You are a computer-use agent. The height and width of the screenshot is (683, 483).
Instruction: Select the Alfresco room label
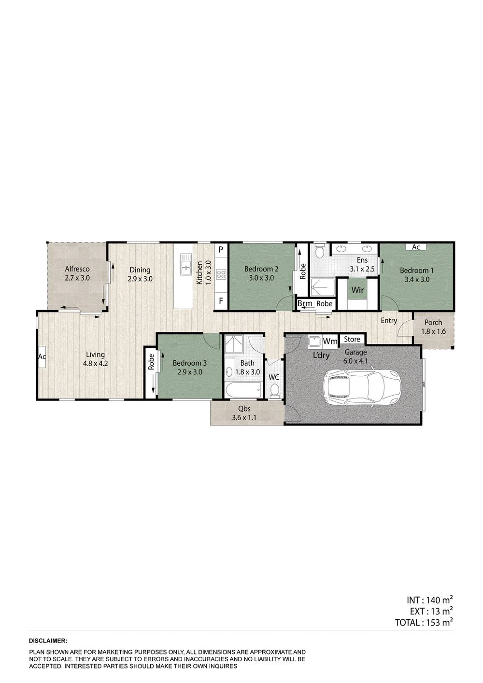(x=77, y=273)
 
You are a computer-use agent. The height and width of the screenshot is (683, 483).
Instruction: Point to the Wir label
(x=358, y=290)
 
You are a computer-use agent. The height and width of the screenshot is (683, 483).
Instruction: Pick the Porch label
(x=433, y=327)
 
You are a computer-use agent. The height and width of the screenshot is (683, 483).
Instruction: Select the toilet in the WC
(x=275, y=390)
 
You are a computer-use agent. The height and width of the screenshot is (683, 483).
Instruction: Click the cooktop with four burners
(x=221, y=275)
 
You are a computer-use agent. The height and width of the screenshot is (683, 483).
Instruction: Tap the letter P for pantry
(x=221, y=250)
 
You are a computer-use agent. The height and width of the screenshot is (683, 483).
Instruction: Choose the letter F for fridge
(x=221, y=300)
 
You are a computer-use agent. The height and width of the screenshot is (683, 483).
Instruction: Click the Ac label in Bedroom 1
(x=416, y=247)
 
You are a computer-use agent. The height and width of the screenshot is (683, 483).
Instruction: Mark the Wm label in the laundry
(x=330, y=341)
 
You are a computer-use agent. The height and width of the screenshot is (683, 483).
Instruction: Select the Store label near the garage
(x=352, y=339)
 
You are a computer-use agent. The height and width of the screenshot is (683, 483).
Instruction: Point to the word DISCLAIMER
(x=48, y=640)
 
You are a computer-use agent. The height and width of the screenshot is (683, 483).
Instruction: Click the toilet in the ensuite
(x=319, y=252)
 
